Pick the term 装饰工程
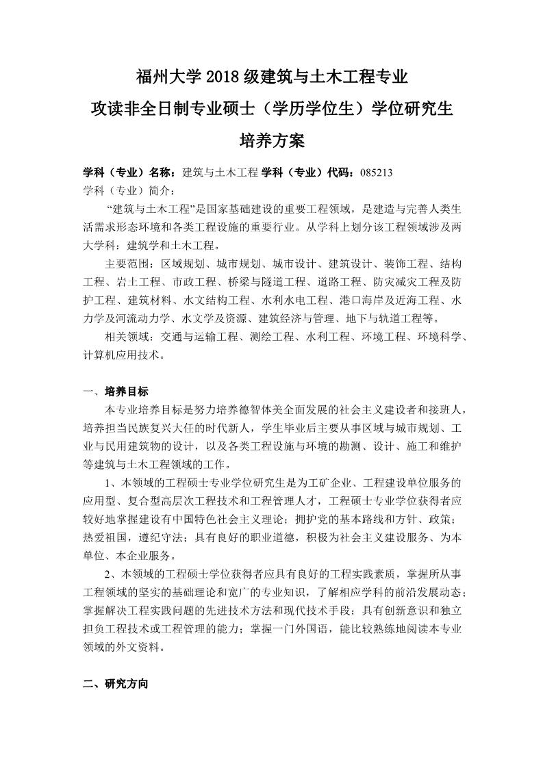406,264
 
